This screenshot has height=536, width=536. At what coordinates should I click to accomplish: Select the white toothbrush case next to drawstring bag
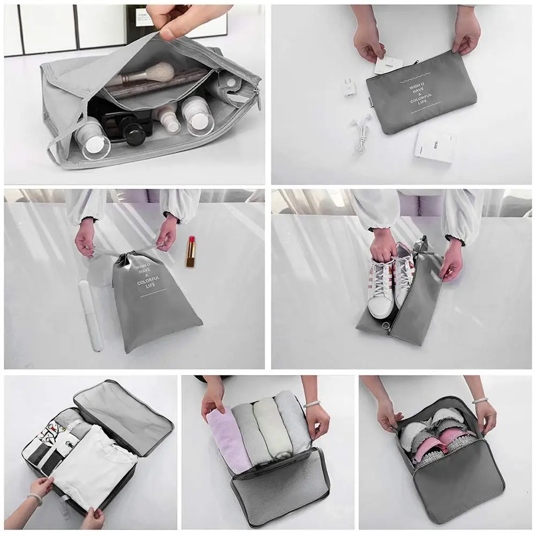pos(90,315)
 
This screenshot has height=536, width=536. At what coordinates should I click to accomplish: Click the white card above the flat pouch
pos(389,65)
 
